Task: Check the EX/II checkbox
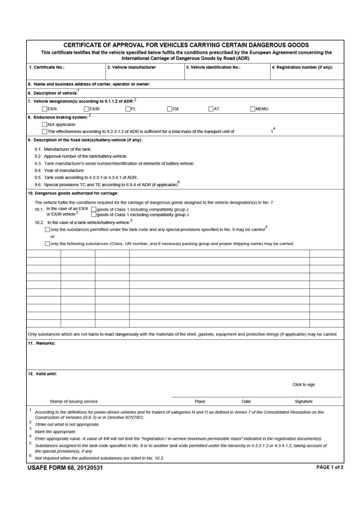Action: point(45,109)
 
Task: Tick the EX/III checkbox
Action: point(86,109)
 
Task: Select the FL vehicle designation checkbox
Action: point(128,109)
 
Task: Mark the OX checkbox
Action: point(170,109)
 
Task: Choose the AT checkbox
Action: point(211,109)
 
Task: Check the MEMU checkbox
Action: point(253,109)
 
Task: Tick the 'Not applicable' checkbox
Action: point(45,124)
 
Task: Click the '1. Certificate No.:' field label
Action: point(47,67)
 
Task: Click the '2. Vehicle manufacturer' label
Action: point(131,67)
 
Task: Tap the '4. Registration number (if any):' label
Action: point(302,67)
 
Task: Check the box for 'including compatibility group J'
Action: point(94,209)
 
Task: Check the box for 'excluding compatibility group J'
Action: point(94,215)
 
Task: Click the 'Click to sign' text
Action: point(304,385)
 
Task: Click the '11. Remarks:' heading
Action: point(42,343)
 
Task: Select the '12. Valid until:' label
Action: point(42,374)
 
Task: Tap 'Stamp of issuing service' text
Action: point(74,401)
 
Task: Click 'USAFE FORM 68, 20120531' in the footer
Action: point(65,468)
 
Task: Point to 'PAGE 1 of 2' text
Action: point(330,467)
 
